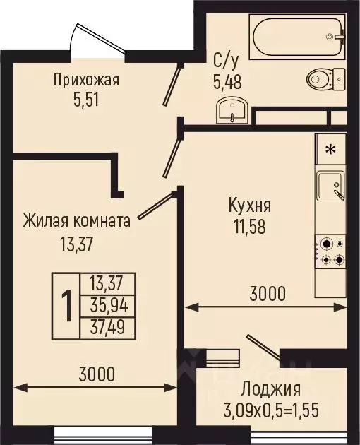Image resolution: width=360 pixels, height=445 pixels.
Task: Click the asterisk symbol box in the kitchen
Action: point(330,150)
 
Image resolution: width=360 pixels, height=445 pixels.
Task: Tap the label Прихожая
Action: point(86,79)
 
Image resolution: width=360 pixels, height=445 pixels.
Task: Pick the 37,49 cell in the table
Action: point(107,328)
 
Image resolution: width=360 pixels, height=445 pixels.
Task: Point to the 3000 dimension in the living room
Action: point(95,374)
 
